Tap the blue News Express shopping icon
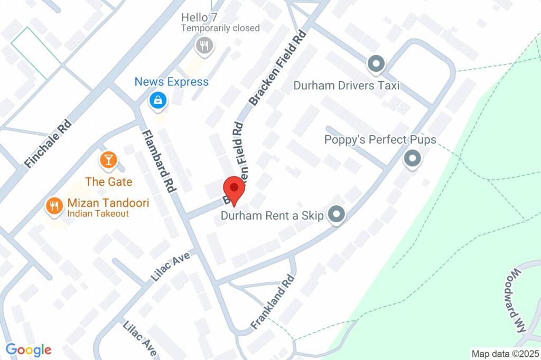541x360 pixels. [157, 100]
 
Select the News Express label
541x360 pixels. [171, 82]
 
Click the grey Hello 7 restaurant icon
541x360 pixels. [204, 45]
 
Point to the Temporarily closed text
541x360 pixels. [220, 28]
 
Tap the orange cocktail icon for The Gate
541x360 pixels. [108, 159]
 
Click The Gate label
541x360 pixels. [108, 182]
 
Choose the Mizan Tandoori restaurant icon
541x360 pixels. [53, 205]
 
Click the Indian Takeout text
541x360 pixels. [98, 214]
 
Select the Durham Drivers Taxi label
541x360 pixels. [346, 86]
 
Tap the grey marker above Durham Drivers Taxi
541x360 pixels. [376, 64]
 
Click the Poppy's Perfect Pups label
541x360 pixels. [380, 140]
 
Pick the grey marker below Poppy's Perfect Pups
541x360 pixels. [412, 158]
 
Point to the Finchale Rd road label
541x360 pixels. [48, 143]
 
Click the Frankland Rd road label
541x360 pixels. [272, 302]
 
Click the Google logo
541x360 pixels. [28, 349]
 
